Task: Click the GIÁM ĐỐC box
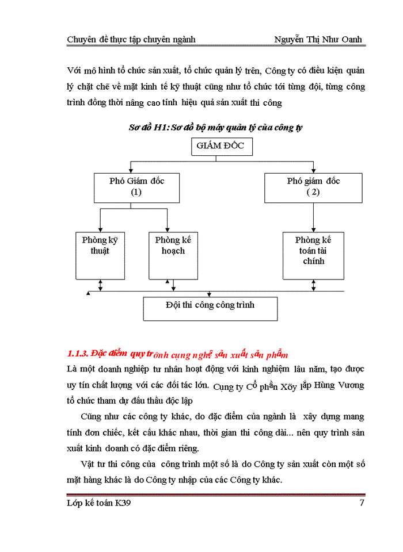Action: (220, 147)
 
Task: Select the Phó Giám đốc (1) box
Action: (136, 187)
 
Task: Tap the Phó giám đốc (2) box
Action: (313, 187)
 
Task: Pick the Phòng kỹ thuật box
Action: (100, 255)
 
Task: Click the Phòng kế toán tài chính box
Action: (313, 255)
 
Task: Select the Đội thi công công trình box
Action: (210, 308)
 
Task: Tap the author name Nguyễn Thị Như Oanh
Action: (318, 39)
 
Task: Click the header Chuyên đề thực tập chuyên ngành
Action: (131, 39)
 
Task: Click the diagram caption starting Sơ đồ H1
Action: (215, 128)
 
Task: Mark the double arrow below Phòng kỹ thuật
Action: (101, 285)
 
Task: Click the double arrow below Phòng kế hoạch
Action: (167, 285)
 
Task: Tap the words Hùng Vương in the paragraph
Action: (344, 384)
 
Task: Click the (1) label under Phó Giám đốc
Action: (136, 192)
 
